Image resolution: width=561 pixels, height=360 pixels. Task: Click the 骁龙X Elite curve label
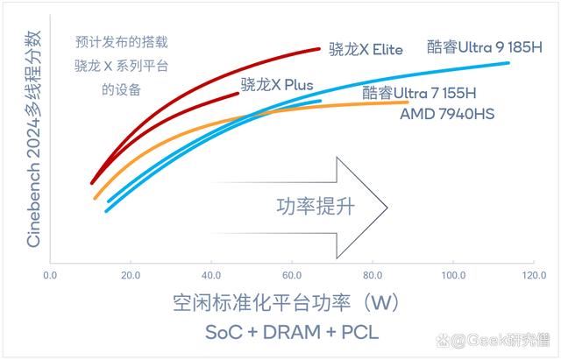click(x=366, y=50)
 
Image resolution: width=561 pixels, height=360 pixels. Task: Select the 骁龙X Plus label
click(x=276, y=85)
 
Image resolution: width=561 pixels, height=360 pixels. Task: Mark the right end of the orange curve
click(x=408, y=102)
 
